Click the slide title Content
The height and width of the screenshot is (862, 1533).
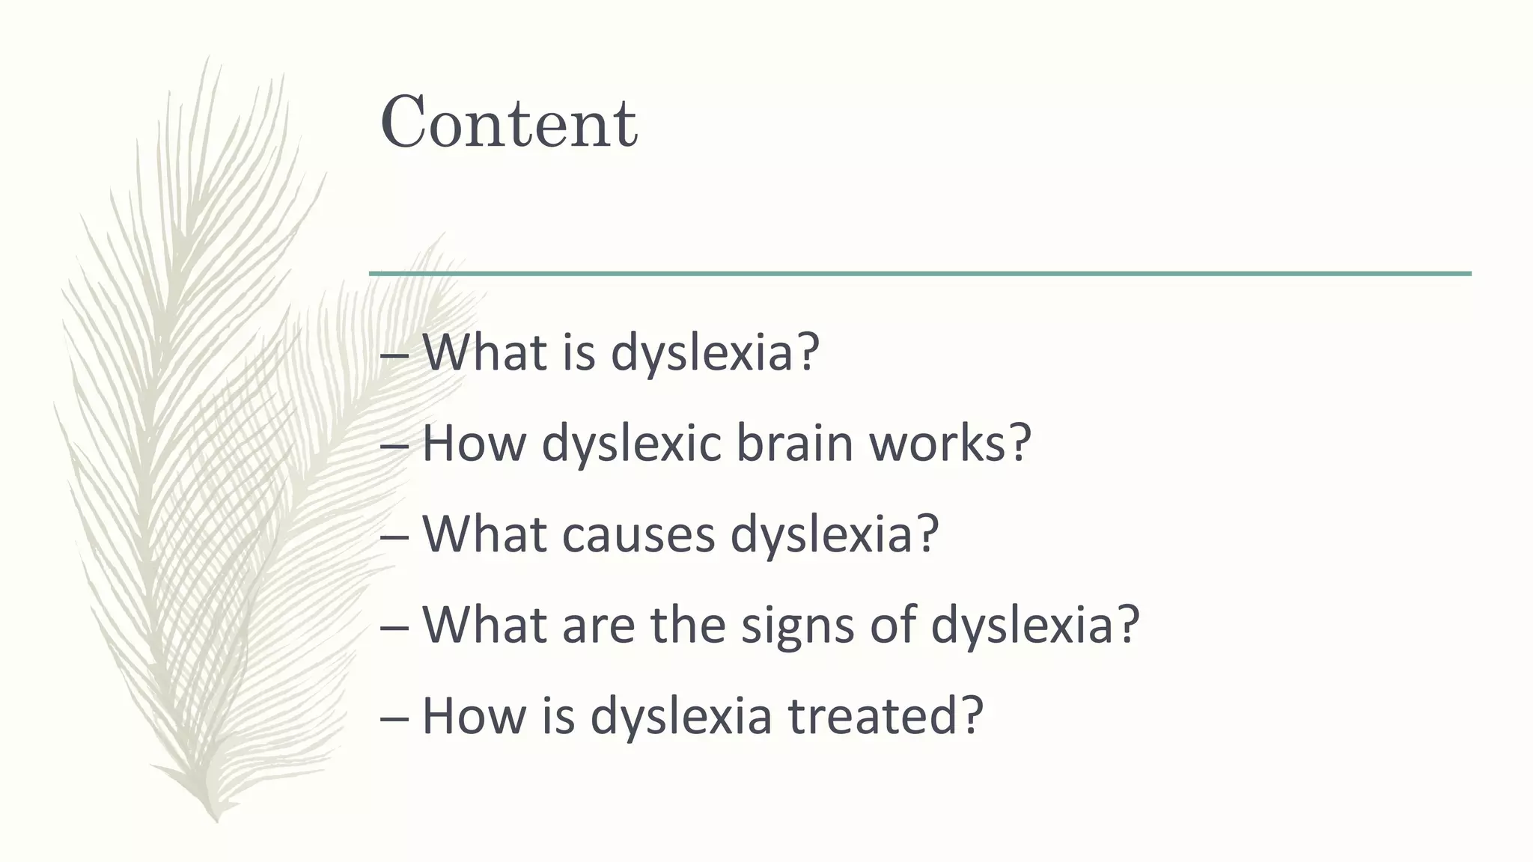coord(509,123)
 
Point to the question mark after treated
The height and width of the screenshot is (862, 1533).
coord(971,715)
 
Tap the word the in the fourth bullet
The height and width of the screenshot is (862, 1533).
coord(688,626)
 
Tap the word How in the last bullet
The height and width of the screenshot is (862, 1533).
coord(472,715)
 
